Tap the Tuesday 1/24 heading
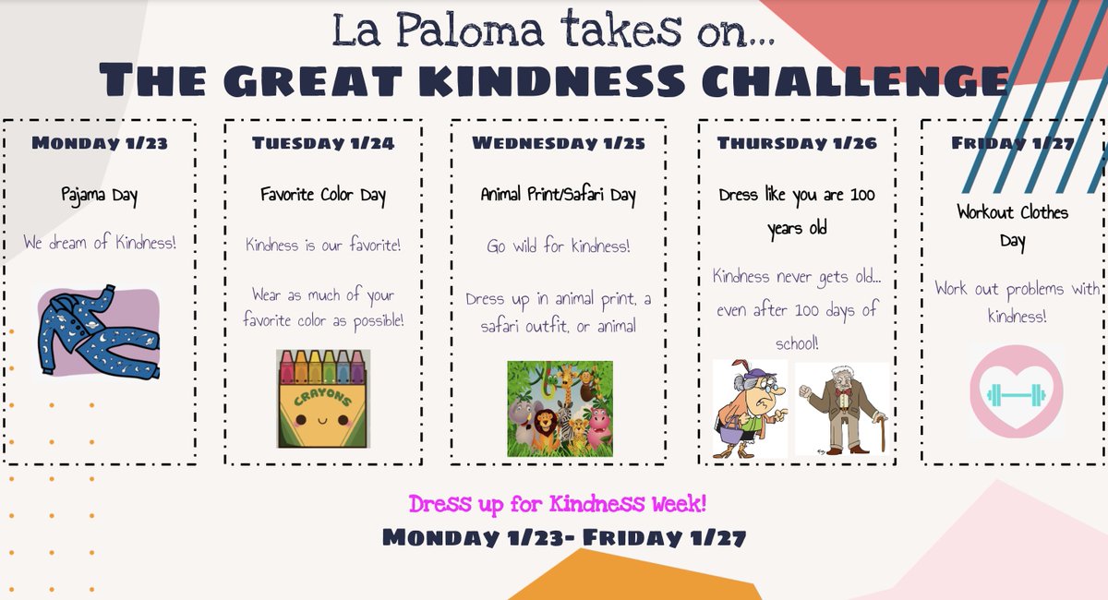322,143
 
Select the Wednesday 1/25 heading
558,143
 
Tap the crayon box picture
323,398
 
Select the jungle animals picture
560,408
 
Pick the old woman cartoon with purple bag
750,409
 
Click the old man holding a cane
842,409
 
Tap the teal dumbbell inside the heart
1017,395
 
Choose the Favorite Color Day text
322,196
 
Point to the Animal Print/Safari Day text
558,196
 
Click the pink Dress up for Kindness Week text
558,505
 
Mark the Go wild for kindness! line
558,246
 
